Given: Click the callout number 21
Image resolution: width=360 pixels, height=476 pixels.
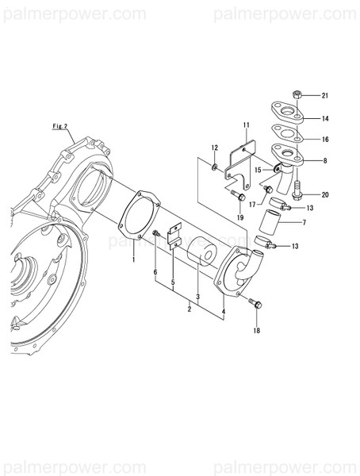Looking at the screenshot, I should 325,96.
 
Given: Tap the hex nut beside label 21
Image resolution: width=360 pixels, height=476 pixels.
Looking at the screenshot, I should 296,94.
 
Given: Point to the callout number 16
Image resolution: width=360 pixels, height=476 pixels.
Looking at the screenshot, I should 325,139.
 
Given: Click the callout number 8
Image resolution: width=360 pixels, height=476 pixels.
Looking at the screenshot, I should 325,159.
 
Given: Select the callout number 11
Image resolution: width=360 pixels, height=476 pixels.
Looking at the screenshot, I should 247,125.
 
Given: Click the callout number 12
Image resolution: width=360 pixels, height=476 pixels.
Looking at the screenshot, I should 214,148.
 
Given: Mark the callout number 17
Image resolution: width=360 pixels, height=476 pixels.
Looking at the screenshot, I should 251,203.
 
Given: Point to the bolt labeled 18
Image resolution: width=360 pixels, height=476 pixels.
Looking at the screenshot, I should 253,303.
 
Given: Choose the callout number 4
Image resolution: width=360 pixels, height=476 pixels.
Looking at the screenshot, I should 224,312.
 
